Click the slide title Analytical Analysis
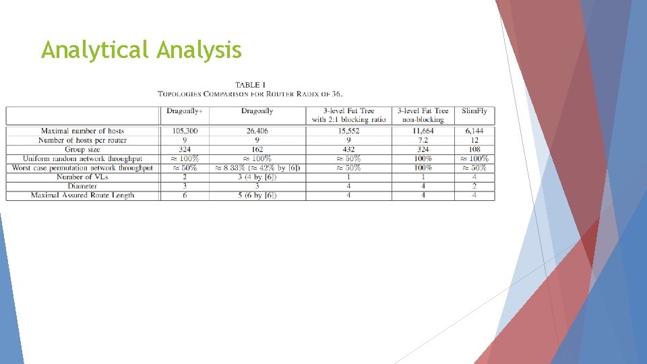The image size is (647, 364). click(141, 50)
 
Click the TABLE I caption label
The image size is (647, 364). click(250, 85)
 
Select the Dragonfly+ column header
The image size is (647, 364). click(185, 111)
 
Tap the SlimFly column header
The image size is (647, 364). click(474, 111)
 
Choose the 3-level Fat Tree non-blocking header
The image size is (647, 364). click(423, 115)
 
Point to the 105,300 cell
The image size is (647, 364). click(185, 131)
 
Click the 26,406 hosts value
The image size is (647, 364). click(257, 131)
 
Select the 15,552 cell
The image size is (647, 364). click(348, 131)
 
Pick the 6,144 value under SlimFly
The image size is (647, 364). click(474, 131)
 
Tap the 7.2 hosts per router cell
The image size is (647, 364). click(423, 140)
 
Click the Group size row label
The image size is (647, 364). click(82, 150)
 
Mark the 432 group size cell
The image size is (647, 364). click(348, 150)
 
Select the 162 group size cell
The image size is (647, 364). click(257, 150)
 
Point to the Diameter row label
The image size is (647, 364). click(82, 186)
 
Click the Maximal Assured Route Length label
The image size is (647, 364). click(82, 195)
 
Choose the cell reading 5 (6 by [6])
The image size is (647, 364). click(257, 195)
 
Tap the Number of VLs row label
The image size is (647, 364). click(82, 177)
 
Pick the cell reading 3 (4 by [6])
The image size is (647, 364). click(257, 177)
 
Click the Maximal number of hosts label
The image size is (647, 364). click(82, 131)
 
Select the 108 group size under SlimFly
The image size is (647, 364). click(474, 150)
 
